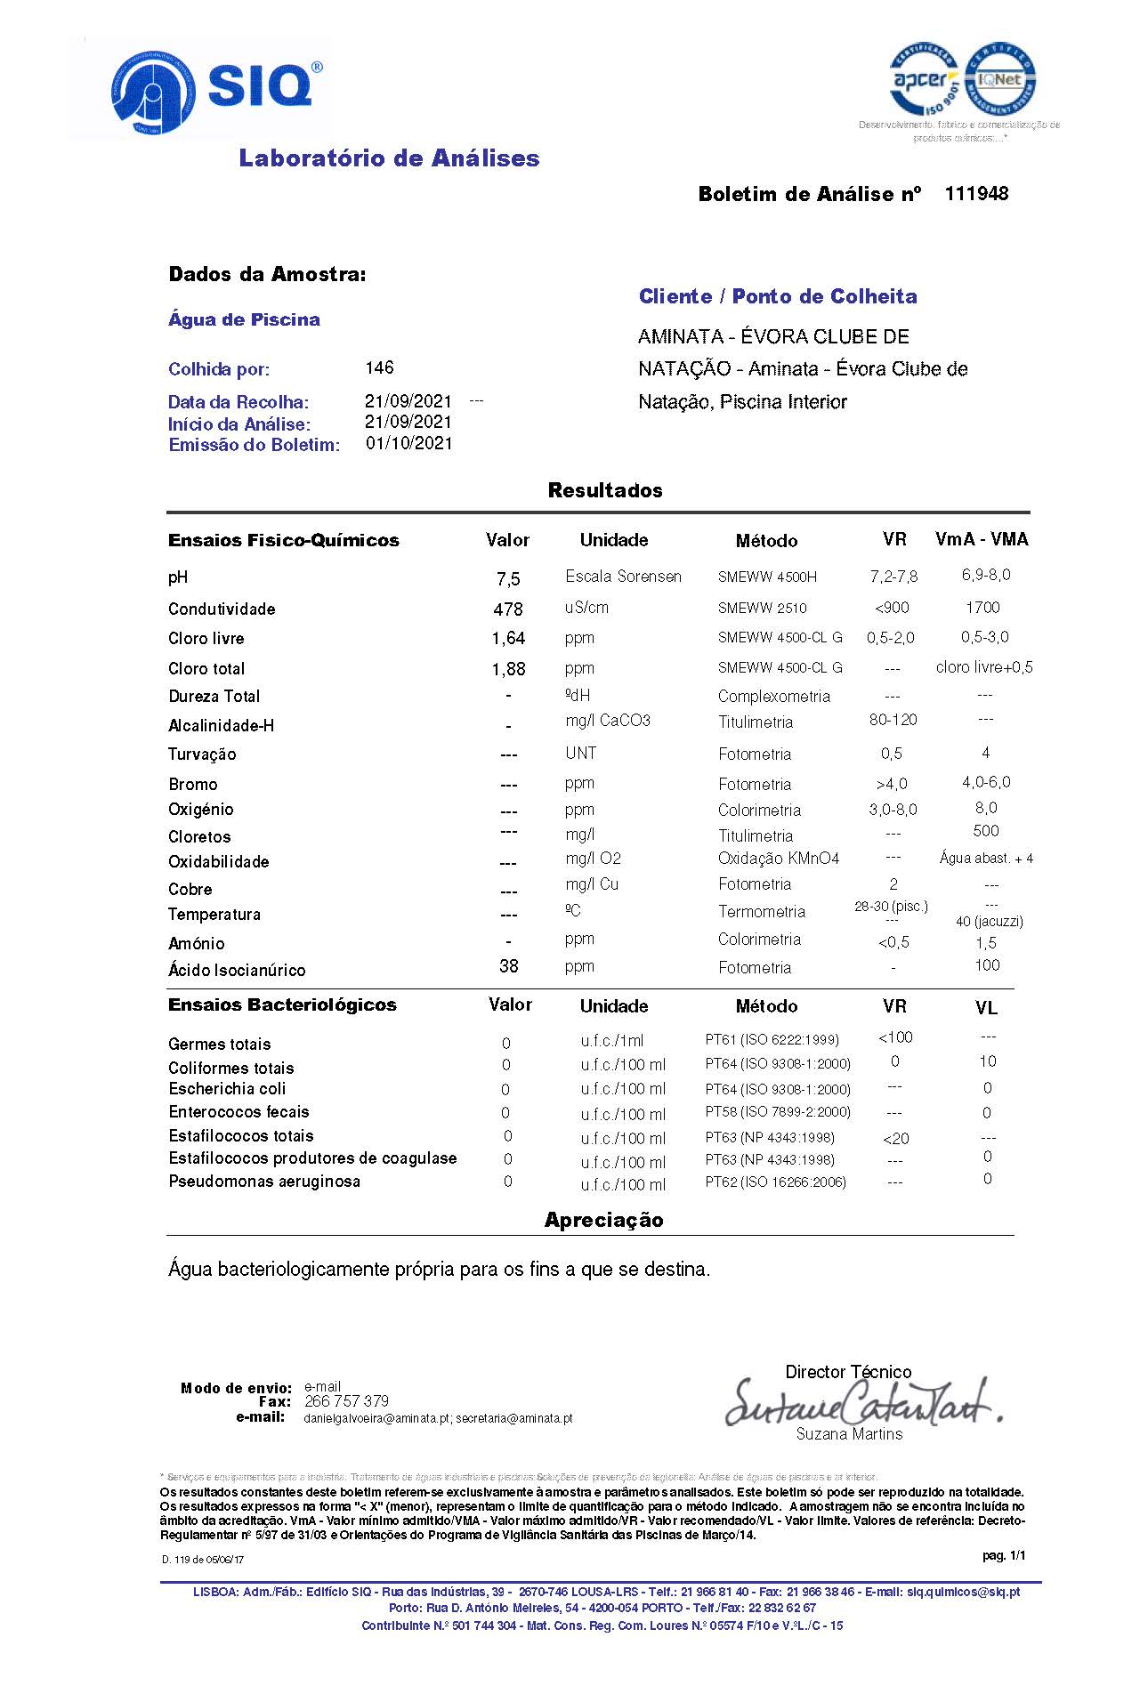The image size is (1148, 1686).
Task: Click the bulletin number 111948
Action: point(976,194)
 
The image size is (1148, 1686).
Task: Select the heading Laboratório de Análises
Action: point(389,158)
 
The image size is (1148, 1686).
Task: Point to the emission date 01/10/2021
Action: point(408,443)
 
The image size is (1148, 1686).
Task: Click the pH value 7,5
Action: point(508,579)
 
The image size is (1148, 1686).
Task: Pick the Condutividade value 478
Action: point(508,609)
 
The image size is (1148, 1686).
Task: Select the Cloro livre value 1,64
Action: point(508,639)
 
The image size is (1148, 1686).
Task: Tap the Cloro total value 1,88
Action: point(508,669)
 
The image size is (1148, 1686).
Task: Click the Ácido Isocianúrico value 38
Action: point(508,966)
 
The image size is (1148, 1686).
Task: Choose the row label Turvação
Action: point(202,754)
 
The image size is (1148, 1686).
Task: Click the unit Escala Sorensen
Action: point(623,577)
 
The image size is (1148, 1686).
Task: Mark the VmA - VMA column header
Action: point(982,539)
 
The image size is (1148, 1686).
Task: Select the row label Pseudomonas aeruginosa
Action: point(264,1182)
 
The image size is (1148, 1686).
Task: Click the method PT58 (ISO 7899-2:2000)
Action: point(778,1112)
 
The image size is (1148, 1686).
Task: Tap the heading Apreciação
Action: point(603,1220)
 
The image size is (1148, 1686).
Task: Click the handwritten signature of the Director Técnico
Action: point(861,1403)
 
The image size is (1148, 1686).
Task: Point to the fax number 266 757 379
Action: point(346,1401)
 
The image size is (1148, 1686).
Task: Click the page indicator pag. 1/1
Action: point(1004,1555)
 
